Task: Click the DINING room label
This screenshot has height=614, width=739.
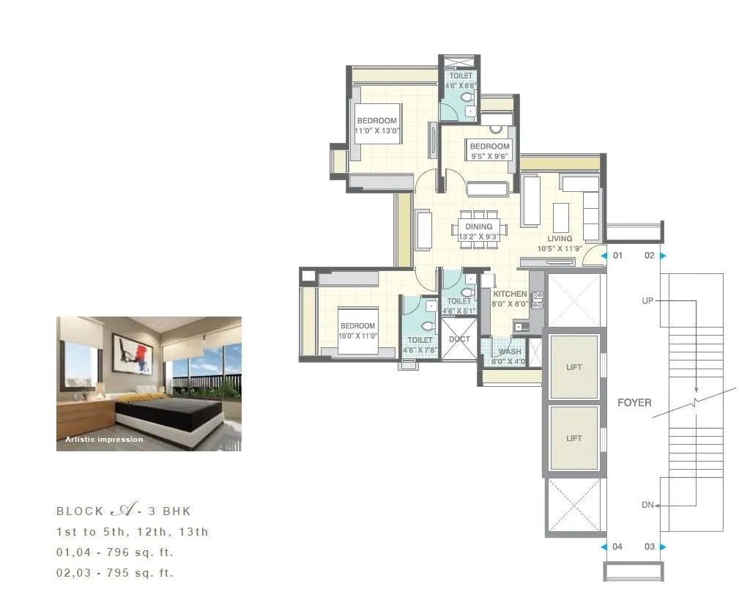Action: coord(478,227)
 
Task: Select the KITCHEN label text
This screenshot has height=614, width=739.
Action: coord(509,294)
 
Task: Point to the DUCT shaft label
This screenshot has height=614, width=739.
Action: coord(459,339)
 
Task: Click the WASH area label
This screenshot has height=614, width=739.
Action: coord(510,352)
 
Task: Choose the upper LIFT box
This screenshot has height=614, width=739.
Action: coord(573,367)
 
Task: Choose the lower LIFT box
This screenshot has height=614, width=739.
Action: coord(573,438)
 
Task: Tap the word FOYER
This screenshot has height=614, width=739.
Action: coord(634,402)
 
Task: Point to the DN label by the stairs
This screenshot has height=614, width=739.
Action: coord(647,505)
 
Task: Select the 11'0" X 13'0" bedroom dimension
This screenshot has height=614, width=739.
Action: coord(376,130)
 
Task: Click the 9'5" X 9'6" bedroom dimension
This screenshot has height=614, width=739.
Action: coord(489,156)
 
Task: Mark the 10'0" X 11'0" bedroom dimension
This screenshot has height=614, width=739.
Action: coord(357,336)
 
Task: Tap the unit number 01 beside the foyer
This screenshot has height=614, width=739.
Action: coord(617,256)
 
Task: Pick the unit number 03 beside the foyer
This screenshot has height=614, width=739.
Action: coord(649,547)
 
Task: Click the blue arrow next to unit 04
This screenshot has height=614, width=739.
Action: coord(604,547)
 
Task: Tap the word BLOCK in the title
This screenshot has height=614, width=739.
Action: coord(80,511)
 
